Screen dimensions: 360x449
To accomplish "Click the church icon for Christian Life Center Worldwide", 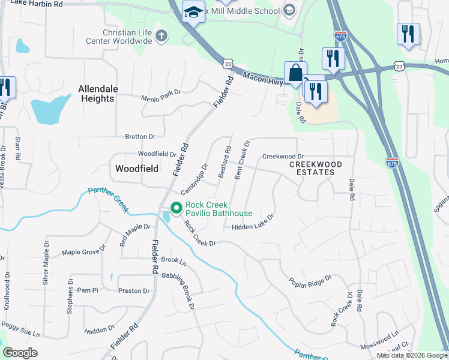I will [x=160, y=36].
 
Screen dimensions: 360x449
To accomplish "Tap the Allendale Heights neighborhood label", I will [x=96, y=94].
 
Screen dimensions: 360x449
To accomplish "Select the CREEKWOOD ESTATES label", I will [x=316, y=168].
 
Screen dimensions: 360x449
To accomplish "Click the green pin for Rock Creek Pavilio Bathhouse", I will [x=176, y=208].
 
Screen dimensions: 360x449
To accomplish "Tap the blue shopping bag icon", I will [x=295, y=74].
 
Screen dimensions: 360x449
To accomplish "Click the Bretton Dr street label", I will [x=140, y=137].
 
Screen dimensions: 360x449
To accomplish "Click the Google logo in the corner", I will [x=20, y=353].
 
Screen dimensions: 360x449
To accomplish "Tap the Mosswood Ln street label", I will [x=379, y=341].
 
